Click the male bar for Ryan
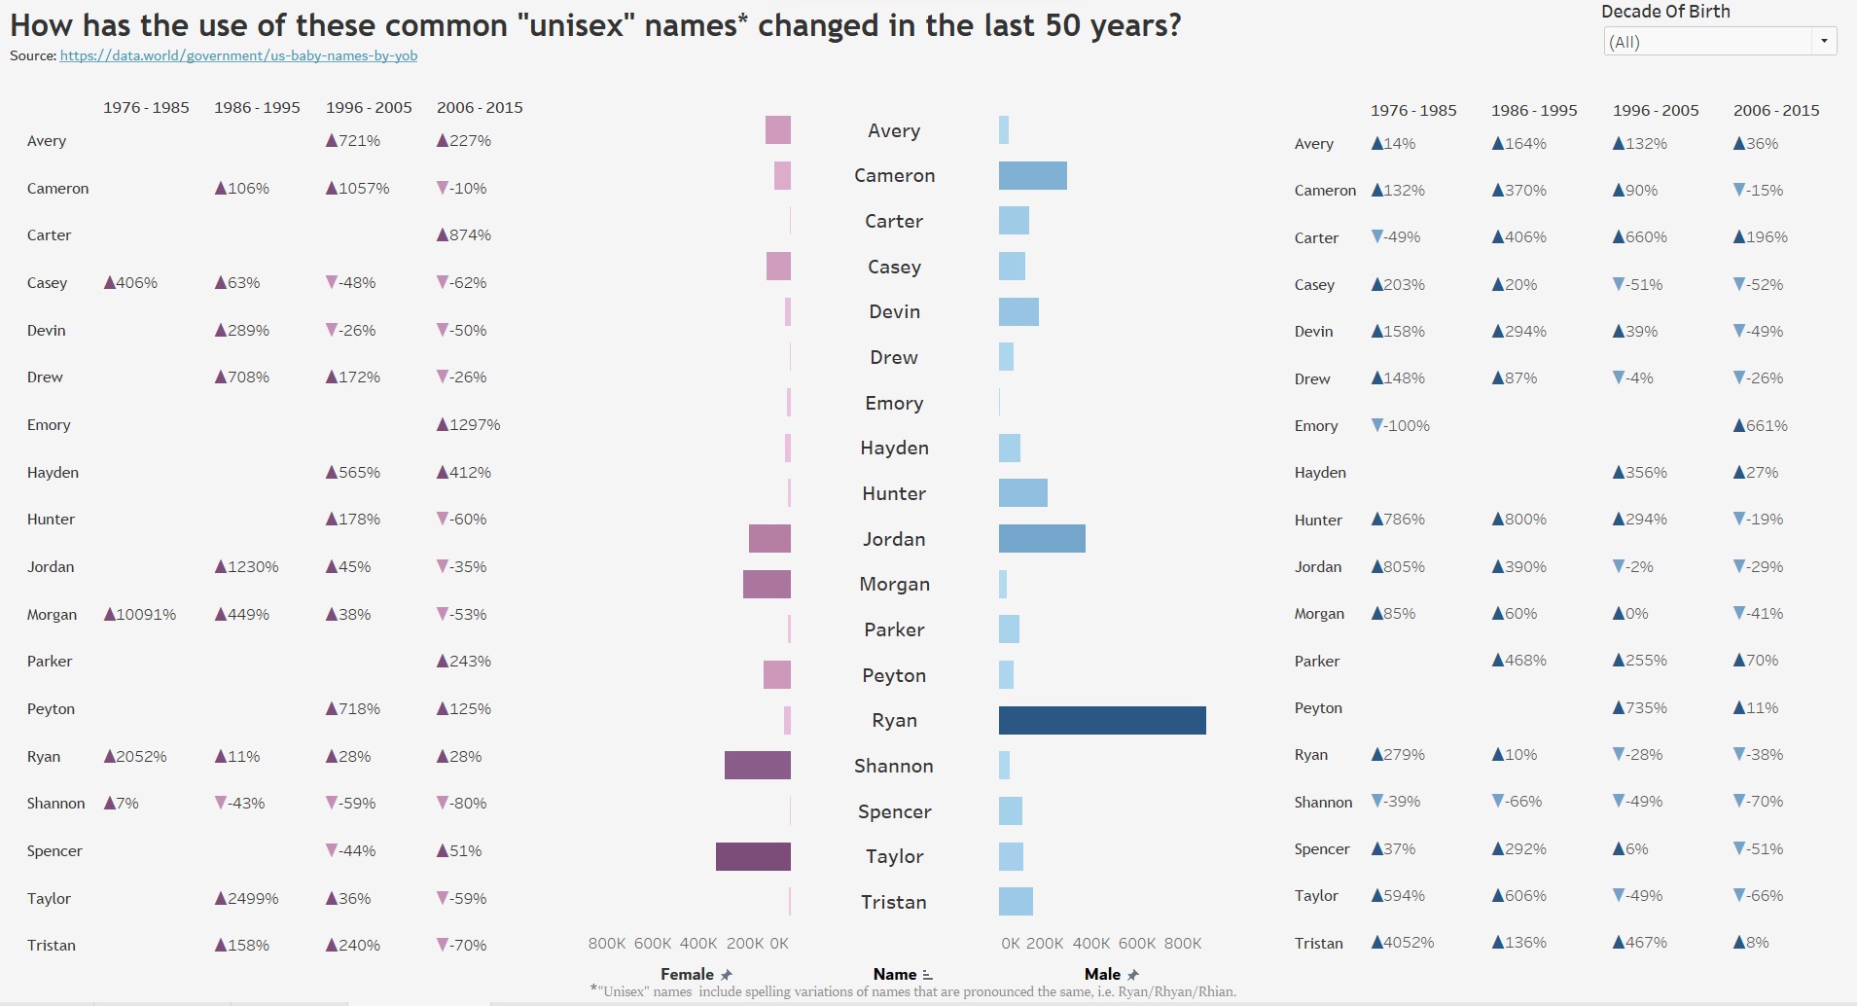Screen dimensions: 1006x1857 (x=1102, y=720)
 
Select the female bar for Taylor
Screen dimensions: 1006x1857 (x=753, y=856)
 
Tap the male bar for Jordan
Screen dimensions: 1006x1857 (x=1042, y=539)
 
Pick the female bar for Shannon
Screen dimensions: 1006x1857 (x=757, y=766)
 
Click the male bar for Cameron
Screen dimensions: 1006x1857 (x=1032, y=176)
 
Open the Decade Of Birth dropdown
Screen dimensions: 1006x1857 (x=1720, y=42)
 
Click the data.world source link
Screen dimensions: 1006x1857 (x=238, y=55)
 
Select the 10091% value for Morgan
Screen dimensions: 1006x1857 (x=141, y=615)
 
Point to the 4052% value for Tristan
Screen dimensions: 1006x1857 (x=1403, y=943)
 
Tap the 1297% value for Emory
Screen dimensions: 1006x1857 (x=469, y=425)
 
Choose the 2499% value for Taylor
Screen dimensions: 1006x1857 (x=247, y=899)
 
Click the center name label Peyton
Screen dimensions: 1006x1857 (x=894, y=675)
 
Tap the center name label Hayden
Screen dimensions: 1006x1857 (x=894, y=449)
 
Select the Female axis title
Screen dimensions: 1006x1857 (x=687, y=974)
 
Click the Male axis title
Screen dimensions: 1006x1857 (x=1102, y=974)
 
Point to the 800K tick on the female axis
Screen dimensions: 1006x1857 (x=607, y=944)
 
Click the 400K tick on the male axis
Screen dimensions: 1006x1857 (x=1091, y=944)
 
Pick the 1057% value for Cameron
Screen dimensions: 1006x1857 (x=358, y=189)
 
